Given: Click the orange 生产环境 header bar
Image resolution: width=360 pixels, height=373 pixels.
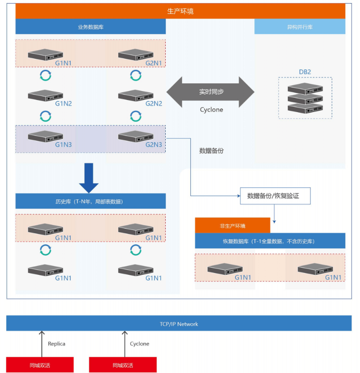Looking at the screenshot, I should (x=180, y=11).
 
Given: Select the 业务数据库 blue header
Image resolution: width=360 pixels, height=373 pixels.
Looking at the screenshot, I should (x=90, y=27).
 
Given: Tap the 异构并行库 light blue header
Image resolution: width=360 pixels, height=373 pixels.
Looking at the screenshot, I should (x=300, y=27).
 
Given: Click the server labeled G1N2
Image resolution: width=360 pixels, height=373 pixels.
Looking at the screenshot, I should (x=45, y=95).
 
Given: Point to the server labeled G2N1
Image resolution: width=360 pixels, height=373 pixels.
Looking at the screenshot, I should (x=136, y=54).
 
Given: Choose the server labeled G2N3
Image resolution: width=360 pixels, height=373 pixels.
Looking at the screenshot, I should (x=136, y=136).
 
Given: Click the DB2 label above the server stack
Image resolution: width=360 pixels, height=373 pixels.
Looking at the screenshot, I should (x=305, y=72).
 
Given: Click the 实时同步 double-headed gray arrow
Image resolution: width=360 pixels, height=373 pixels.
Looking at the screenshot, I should (x=210, y=92).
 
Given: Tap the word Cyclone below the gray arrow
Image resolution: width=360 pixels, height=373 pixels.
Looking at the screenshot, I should (x=211, y=110).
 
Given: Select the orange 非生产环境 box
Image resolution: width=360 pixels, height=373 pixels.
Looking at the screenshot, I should (x=232, y=226).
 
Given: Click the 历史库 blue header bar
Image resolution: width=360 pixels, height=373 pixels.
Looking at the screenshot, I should (x=90, y=201).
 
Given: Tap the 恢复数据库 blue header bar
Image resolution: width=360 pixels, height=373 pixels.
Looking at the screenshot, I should (x=270, y=241).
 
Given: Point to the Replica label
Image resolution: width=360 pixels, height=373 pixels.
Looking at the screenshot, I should (x=56, y=344).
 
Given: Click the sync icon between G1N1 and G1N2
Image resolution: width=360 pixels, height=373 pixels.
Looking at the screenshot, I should (x=45, y=75).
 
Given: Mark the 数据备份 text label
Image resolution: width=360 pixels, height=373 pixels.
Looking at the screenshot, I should (x=211, y=151).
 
